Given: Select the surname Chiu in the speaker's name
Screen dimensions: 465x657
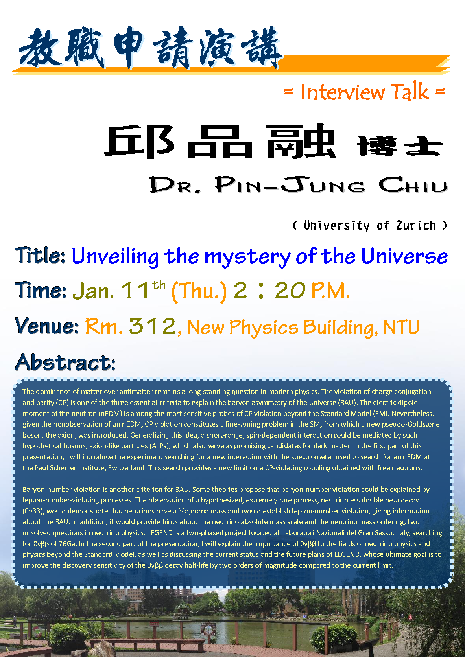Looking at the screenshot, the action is point(413,185).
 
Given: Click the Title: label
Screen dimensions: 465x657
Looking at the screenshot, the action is point(40,255).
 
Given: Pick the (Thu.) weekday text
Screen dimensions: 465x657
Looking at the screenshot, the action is point(199,291).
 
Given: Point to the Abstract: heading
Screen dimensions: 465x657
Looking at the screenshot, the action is point(65,362).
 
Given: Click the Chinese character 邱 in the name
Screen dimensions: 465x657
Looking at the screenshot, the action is point(140,142).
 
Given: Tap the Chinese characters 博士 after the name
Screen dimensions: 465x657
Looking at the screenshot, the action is point(400,146).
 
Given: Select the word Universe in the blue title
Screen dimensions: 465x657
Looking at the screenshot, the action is point(404,256).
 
